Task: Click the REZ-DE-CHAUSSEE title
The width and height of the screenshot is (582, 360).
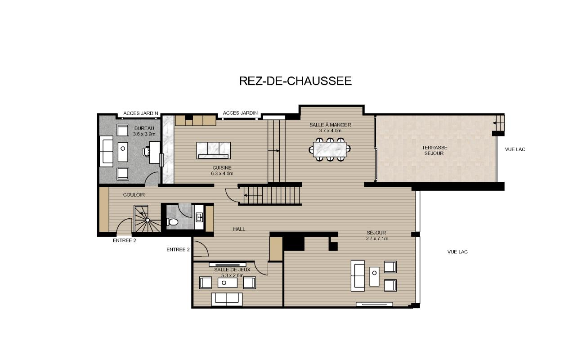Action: click(295, 81)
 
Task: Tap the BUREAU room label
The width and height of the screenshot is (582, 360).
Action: click(144, 128)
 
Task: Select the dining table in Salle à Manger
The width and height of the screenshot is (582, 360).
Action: click(330, 149)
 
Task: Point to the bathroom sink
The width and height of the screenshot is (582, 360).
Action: click(199, 217)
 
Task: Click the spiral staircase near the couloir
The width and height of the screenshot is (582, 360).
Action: click(148, 219)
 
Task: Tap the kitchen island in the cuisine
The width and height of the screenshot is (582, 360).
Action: click(213, 150)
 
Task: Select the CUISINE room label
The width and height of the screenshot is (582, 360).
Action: click(222, 168)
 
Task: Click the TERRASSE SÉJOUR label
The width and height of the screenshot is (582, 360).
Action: click(434, 150)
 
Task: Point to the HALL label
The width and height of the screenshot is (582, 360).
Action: click(239, 229)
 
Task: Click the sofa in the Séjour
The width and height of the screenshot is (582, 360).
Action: click(358, 275)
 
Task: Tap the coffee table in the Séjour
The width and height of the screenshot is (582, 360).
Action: click(374, 276)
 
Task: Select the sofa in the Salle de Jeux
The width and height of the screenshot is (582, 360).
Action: click(227, 299)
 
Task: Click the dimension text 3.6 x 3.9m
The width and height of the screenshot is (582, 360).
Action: click(144, 134)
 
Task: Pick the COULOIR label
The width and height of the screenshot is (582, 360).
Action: click(134, 195)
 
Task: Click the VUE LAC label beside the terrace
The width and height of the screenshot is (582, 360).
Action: click(515, 149)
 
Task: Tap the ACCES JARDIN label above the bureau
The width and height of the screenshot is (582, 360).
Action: click(141, 113)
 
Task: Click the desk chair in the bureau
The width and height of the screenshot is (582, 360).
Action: click(147, 152)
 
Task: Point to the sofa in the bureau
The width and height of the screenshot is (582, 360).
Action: click(106, 151)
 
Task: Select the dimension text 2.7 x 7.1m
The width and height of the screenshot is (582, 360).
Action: click(377, 238)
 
